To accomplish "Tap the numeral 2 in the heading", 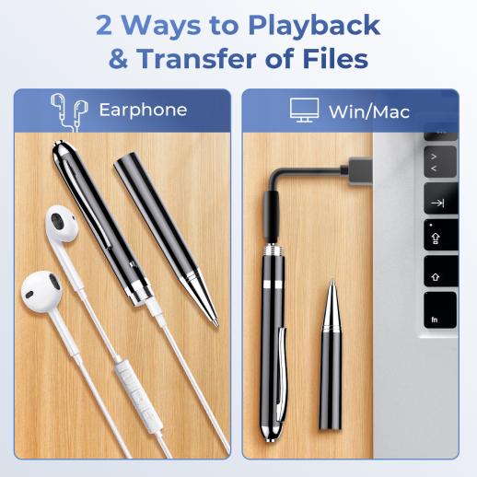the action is pos(104,25).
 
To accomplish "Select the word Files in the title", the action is pos(335,58).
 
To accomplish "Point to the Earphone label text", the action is pos(143,111).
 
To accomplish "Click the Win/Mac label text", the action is pos(369,111).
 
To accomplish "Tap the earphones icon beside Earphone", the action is pos(69,112).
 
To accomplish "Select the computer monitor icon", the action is pos(304,111).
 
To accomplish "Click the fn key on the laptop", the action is pos(440,310).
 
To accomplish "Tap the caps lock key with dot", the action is pos(441,235).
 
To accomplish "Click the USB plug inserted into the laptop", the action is pos(356,170).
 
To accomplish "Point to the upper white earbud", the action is pos(62,224).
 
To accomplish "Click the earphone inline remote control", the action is pos(138,397).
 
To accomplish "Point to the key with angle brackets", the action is pos(440,162).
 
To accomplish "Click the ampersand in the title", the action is pos(118,59).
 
